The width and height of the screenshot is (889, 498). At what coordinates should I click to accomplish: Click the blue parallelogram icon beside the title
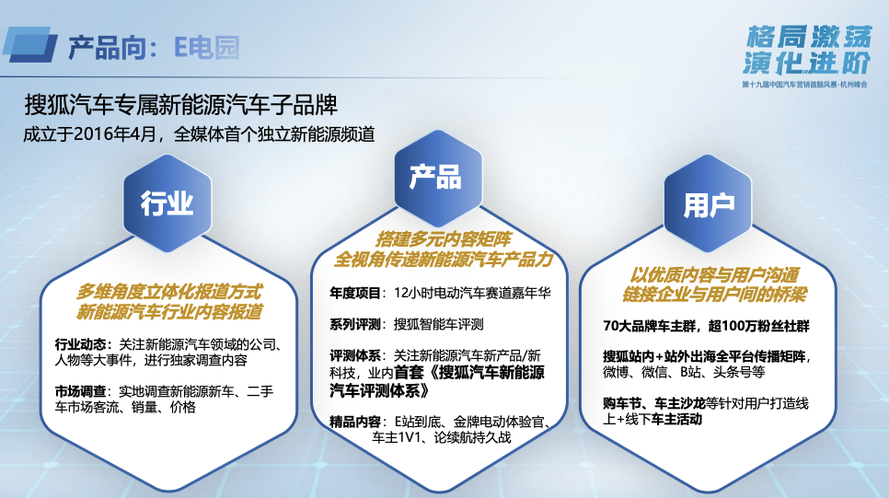click(x=30, y=44)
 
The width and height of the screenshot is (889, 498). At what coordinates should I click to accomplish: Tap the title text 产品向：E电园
click(x=154, y=47)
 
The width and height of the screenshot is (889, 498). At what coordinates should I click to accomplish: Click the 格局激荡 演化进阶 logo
click(x=807, y=50)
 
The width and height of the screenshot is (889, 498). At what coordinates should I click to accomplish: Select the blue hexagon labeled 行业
click(x=167, y=203)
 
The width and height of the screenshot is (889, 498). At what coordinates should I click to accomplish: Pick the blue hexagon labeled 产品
click(x=438, y=178)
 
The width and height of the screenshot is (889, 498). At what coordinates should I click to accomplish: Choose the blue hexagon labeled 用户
click(x=708, y=203)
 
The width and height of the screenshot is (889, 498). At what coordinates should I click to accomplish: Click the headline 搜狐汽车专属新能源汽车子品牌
click(x=181, y=104)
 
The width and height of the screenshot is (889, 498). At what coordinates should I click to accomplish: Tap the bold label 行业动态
click(x=80, y=344)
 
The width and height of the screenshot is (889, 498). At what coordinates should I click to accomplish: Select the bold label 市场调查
click(x=80, y=391)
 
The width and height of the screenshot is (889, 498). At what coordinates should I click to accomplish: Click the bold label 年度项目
click(x=355, y=294)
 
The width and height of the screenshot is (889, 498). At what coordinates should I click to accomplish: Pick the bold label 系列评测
click(x=355, y=324)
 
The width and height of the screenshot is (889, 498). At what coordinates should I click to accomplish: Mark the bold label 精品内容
click(x=355, y=422)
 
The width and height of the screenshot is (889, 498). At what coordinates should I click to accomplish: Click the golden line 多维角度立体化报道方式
click(x=169, y=292)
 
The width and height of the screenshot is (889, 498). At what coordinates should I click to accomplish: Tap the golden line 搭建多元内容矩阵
click(x=443, y=238)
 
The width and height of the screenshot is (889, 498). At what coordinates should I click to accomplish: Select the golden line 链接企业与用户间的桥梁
click(x=714, y=295)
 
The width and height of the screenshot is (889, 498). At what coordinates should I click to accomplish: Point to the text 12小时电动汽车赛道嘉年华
click(x=472, y=294)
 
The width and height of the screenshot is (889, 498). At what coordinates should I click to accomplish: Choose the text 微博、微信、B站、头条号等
click(x=684, y=372)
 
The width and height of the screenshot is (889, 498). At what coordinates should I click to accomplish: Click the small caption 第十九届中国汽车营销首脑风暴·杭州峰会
click(x=804, y=85)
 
